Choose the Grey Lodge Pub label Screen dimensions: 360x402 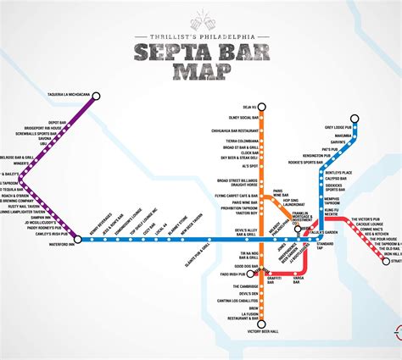point(339,127)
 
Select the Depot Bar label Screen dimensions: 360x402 point(58,122)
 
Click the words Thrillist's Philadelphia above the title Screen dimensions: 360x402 point(201,37)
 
